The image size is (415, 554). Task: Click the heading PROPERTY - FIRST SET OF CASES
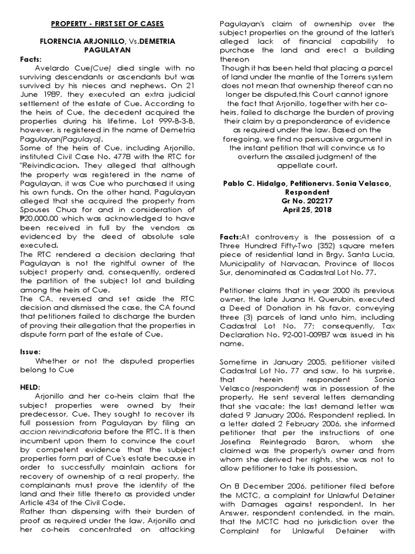(108, 24)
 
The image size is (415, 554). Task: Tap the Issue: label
(30, 352)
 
